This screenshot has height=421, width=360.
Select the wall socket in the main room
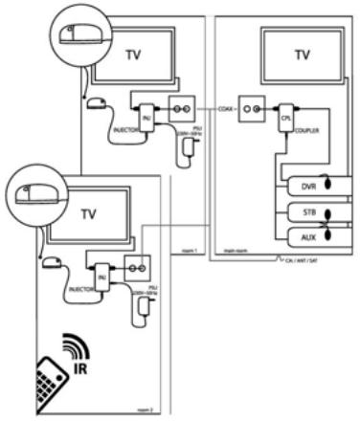[251, 109]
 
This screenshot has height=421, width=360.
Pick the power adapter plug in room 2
[141, 303]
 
